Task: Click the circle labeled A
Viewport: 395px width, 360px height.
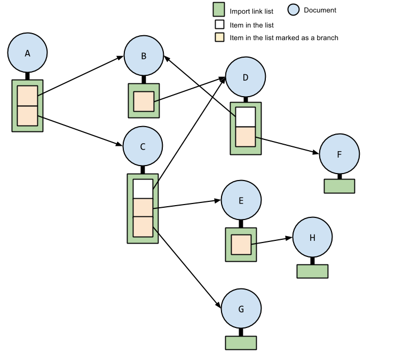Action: (x=27, y=53)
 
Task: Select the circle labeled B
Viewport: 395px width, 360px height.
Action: (x=144, y=56)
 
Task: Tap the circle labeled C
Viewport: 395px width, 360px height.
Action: (x=143, y=146)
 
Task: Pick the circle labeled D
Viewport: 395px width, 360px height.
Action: (x=246, y=77)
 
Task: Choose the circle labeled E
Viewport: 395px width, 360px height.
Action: (x=241, y=200)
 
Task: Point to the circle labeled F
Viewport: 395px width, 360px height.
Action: (x=339, y=154)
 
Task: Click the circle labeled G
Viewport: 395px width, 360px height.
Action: (x=241, y=309)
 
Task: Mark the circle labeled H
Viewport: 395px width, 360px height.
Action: (x=312, y=237)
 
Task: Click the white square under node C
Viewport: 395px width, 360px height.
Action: (x=143, y=189)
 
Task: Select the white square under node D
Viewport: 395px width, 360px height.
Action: (x=246, y=117)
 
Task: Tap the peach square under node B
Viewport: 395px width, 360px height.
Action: (x=144, y=101)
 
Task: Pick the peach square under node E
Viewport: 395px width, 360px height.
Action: (x=241, y=245)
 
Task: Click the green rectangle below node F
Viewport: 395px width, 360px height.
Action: (x=339, y=186)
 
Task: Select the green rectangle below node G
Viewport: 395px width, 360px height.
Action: (x=241, y=343)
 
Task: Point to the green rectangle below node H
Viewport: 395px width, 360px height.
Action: (x=312, y=271)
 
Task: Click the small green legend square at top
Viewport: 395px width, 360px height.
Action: (x=219, y=10)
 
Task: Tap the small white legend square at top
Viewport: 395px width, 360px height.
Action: (x=219, y=25)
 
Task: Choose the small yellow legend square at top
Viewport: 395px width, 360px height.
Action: (x=219, y=37)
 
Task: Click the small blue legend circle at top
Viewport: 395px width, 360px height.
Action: (x=294, y=10)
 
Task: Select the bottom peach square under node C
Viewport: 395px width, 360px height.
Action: (x=143, y=226)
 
